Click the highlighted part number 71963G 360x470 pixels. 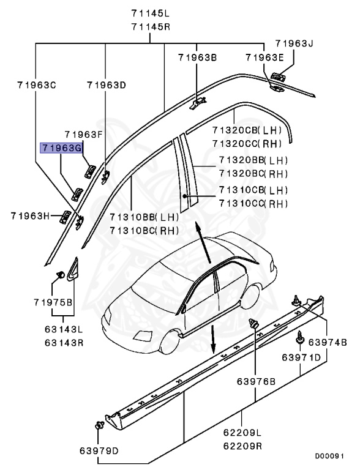(61, 147)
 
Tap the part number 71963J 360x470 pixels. (294, 43)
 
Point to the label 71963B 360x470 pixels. (198, 58)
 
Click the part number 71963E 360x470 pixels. (264, 58)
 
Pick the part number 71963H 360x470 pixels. (30, 215)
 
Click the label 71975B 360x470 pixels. (53, 302)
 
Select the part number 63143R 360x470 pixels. (64, 341)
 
